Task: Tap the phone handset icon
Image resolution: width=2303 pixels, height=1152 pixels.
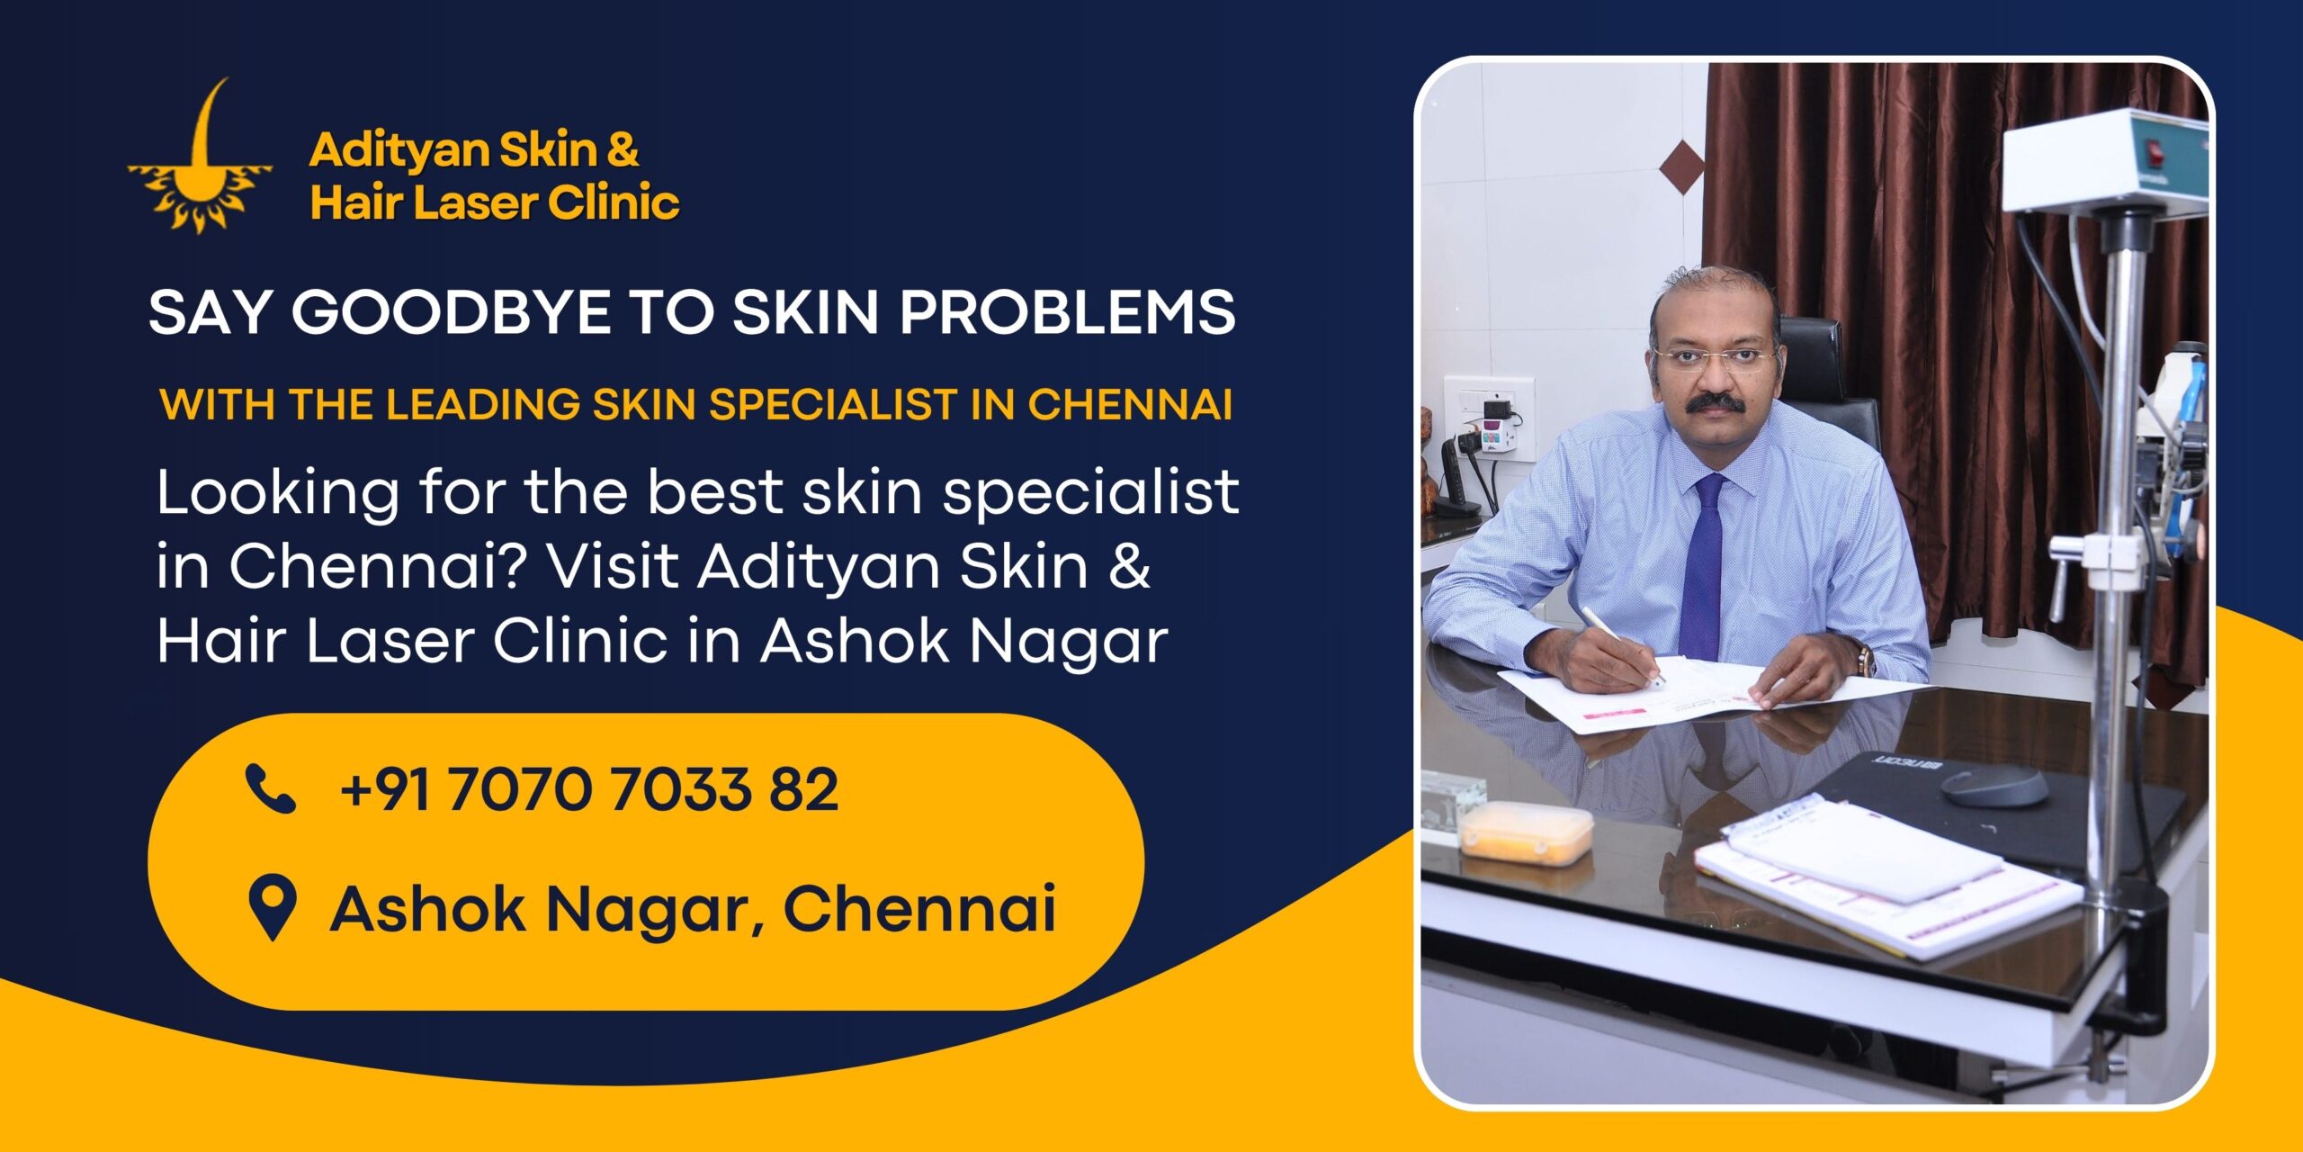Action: click(x=270, y=789)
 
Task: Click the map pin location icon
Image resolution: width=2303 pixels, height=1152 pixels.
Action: click(x=271, y=907)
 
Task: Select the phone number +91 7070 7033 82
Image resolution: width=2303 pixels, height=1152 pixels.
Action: click(x=588, y=789)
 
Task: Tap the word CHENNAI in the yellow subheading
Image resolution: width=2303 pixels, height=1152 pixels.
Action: click(x=1129, y=404)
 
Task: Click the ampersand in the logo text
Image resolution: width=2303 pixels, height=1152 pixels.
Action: click(x=623, y=149)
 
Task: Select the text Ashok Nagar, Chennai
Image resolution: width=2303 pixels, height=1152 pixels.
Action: click(x=693, y=909)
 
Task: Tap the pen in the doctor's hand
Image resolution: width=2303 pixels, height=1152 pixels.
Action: click(x=1619, y=643)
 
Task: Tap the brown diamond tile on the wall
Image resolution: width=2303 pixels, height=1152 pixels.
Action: click(x=1681, y=166)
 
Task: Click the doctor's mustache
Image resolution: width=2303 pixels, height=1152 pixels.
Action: click(x=1716, y=401)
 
